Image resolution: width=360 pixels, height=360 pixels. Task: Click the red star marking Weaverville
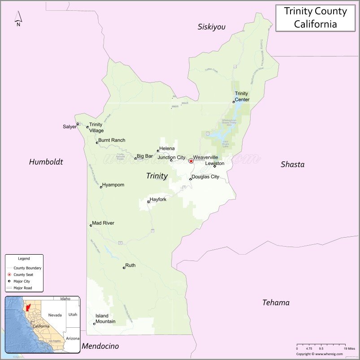tap(191, 161)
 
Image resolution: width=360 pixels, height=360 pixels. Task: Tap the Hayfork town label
tap(158, 199)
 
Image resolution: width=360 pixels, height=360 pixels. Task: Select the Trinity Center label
tap(242, 96)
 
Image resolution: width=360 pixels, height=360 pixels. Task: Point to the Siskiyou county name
tap(212, 27)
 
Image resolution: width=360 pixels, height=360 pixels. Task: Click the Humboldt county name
tap(46, 162)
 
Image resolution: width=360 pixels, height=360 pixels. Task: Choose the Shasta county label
tap(292, 165)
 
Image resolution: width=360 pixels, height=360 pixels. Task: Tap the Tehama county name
tap(276, 303)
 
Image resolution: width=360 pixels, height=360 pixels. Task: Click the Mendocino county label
tap(100, 346)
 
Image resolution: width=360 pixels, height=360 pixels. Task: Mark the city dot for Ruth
tap(124, 268)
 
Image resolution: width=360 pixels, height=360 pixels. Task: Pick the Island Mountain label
tap(105, 319)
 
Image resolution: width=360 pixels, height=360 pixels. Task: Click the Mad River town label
tap(103, 223)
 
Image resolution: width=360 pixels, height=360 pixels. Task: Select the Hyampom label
tap(113, 185)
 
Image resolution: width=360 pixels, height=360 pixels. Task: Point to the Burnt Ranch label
tap(112, 140)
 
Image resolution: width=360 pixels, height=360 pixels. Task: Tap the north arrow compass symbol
tap(18, 18)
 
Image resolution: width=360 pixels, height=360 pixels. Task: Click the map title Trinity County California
tap(315, 17)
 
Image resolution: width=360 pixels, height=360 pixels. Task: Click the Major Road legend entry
tap(22, 288)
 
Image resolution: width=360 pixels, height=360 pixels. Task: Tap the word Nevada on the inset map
tap(55, 315)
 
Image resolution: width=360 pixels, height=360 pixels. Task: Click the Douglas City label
tap(205, 177)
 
